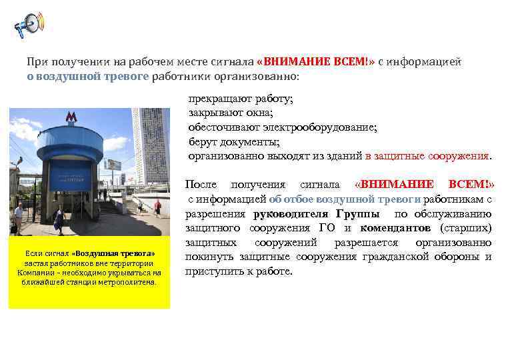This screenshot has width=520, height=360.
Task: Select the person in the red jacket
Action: click(157, 207)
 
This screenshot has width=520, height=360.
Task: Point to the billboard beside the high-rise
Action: click(114, 165)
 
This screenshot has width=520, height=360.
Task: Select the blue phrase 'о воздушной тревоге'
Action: click(87, 76)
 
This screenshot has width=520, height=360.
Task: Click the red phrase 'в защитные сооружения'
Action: click(427, 156)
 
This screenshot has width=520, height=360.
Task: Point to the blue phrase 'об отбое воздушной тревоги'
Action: click(345, 199)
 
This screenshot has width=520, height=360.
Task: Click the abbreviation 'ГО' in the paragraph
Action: click(327, 228)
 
